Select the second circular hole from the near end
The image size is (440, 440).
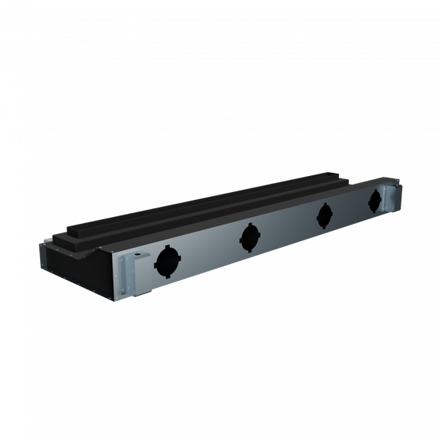click(249, 237)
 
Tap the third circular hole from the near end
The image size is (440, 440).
click(324, 215)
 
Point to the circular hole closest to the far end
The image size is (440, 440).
click(375, 201)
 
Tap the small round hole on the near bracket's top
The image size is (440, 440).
click(139, 254)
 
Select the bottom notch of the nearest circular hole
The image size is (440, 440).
click(167, 276)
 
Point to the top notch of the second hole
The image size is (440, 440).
click(249, 225)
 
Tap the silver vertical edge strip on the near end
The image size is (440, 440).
click(42, 258)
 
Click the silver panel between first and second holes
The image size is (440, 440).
click(208, 251)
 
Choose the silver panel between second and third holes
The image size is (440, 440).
click(287, 227)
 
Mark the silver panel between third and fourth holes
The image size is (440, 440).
click(350, 209)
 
